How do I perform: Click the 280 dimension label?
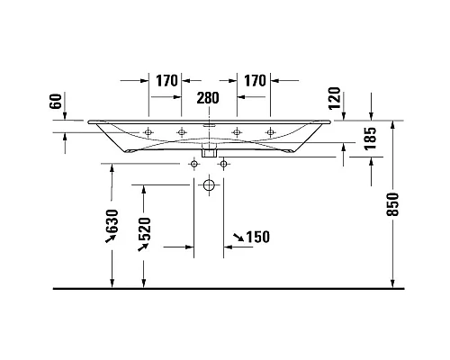pyautogui.click(x=208, y=98)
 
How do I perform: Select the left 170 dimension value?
pyautogui.click(x=167, y=81)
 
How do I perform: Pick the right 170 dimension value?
pyautogui.click(x=255, y=81)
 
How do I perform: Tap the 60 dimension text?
pyautogui.click(x=56, y=101)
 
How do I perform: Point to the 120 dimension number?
pyautogui.click(x=335, y=98)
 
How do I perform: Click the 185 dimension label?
pyautogui.click(x=371, y=139)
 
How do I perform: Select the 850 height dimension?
pyautogui.click(x=392, y=204)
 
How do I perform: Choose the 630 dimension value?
pyautogui.click(x=112, y=221)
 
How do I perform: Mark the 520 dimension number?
pyautogui.click(x=144, y=229)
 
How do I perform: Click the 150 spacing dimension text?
pyautogui.click(x=258, y=237)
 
